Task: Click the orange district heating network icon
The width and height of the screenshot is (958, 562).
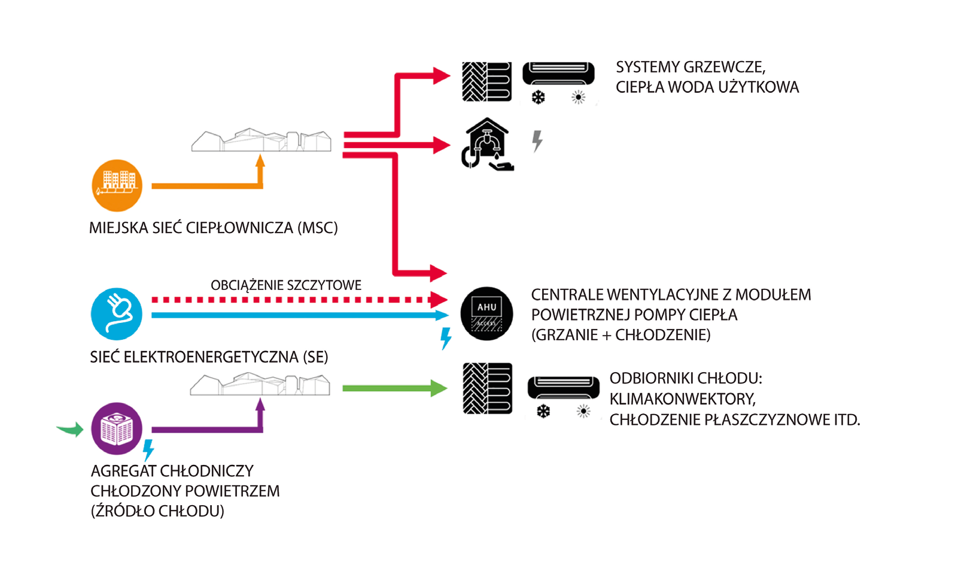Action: pos(117,185)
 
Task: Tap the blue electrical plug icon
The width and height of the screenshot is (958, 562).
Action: pos(117,314)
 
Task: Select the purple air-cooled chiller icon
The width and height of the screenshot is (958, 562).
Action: pos(117,428)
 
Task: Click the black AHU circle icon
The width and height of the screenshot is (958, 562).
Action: pos(486,314)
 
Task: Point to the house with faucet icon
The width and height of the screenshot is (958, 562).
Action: pos(487,144)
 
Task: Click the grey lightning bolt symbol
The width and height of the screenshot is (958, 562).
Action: pos(537,141)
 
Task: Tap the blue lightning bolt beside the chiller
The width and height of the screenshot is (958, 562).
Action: pos(148,450)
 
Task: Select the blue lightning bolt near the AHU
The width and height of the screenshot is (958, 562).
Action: pos(446,338)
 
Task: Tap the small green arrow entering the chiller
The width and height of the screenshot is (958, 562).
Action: pos(70,429)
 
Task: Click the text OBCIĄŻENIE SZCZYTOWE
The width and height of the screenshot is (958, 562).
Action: pos(286,285)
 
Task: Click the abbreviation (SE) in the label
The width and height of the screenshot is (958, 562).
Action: pos(315,358)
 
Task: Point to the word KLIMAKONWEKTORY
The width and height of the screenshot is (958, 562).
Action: pos(682,399)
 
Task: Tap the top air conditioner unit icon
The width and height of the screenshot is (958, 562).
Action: pos(559,74)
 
